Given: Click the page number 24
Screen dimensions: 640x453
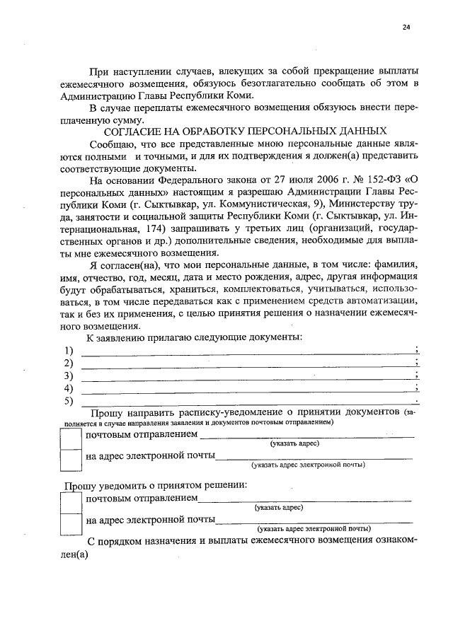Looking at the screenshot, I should [406, 28].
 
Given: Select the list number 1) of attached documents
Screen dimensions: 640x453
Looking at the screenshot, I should [69, 351].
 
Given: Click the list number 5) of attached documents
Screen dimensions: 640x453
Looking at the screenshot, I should [69, 402].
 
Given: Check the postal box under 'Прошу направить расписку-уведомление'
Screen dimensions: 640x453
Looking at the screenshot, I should [71, 439].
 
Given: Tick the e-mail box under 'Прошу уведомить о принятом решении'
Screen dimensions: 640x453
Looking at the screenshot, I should [71, 524].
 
